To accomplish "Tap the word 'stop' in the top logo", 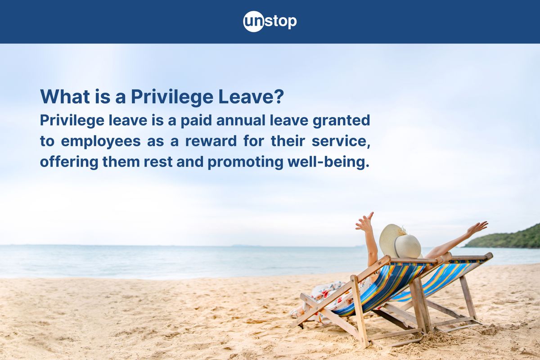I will [x=280, y=21].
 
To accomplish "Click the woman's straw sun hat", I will [x=400, y=242].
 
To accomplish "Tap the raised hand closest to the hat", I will [x=364, y=222].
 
